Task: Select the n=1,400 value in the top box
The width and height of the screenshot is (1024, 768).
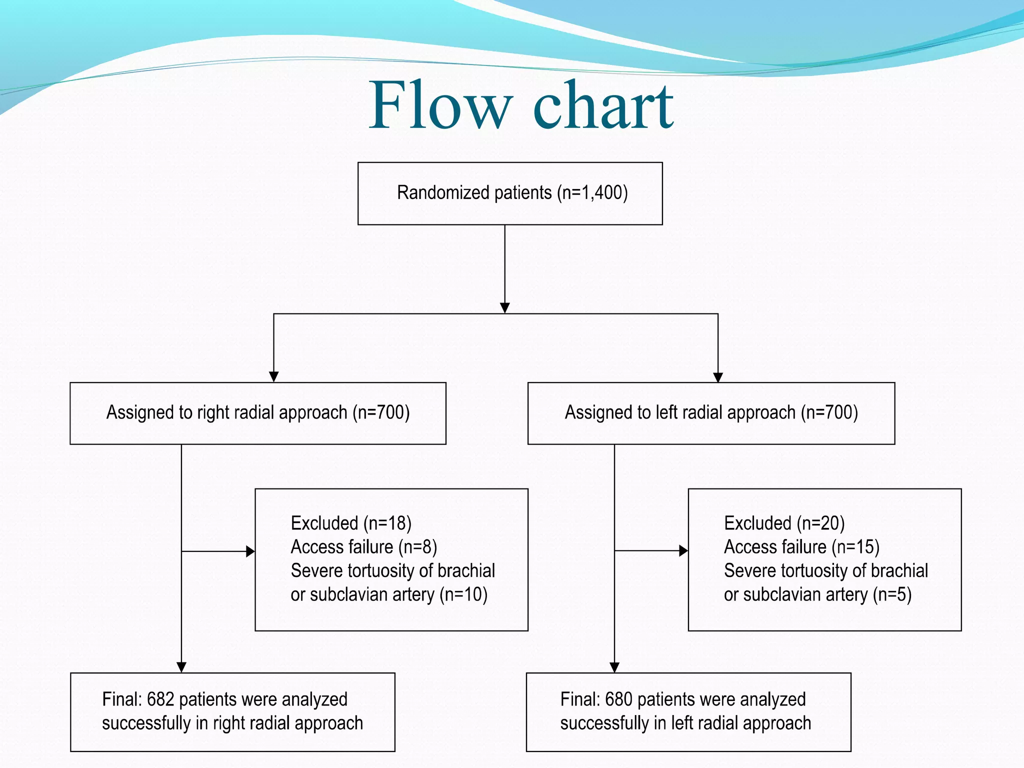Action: click(592, 192)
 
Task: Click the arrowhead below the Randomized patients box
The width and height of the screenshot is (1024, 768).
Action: click(505, 307)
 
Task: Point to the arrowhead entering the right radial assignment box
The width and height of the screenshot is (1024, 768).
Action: click(273, 376)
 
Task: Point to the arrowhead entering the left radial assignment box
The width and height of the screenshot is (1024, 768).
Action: click(718, 377)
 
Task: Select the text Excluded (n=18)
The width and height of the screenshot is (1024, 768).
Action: click(351, 523)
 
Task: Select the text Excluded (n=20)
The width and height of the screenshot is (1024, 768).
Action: click(784, 523)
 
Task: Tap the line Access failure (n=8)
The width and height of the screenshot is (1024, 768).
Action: click(364, 547)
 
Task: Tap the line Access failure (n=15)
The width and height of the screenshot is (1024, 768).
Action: click(801, 547)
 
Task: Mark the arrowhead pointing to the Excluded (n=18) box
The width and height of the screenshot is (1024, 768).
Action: click(250, 551)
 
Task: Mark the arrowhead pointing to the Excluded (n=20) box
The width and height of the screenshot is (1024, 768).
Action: click(683, 551)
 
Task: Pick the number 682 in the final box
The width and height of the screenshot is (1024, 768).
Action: click(160, 699)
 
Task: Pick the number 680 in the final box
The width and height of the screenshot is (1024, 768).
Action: click(618, 699)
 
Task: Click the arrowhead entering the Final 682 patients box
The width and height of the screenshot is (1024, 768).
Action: click(181, 667)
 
